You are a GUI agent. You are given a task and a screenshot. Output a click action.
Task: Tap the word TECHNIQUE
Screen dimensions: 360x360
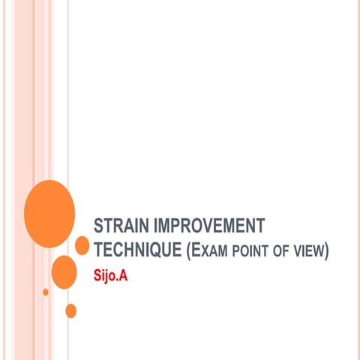(x=137, y=249)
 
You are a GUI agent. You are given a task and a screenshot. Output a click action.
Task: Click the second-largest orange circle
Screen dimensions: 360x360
(x=64, y=271)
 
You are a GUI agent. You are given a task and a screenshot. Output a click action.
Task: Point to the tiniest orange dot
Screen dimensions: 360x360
(x=46, y=292)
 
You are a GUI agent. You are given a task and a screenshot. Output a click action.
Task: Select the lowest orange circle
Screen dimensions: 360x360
(x=71, y=310)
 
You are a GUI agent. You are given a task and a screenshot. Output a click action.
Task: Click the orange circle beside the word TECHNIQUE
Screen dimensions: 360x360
(x=82, y=245)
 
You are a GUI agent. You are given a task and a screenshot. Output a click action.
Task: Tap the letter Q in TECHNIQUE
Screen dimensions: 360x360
(x=160, y=250)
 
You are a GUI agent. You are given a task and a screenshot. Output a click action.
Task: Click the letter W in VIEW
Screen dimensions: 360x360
(x=318, y=250)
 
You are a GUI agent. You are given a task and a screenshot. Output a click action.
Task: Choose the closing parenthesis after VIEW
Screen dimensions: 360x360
(x=327, y=250)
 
